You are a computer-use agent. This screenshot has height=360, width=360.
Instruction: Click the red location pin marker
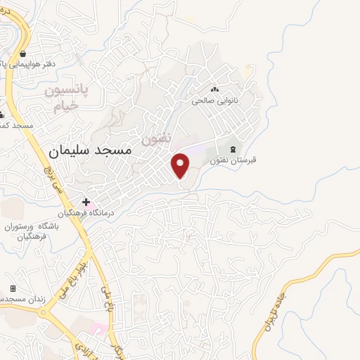pos(181,165)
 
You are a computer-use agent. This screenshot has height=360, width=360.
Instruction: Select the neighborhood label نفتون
pos(157,139)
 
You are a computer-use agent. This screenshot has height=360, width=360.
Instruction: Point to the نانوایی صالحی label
pos(217,101)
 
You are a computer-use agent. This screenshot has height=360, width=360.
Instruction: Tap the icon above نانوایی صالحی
pos(216,89)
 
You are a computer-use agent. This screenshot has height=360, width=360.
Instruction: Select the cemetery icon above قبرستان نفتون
pos(233,148)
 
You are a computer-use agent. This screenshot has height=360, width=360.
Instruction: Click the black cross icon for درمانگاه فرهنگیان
pos(86,202)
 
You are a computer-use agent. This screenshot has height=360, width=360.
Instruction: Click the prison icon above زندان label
pos(13,289)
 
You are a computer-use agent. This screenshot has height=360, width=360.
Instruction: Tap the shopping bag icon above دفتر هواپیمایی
pos(24,53)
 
